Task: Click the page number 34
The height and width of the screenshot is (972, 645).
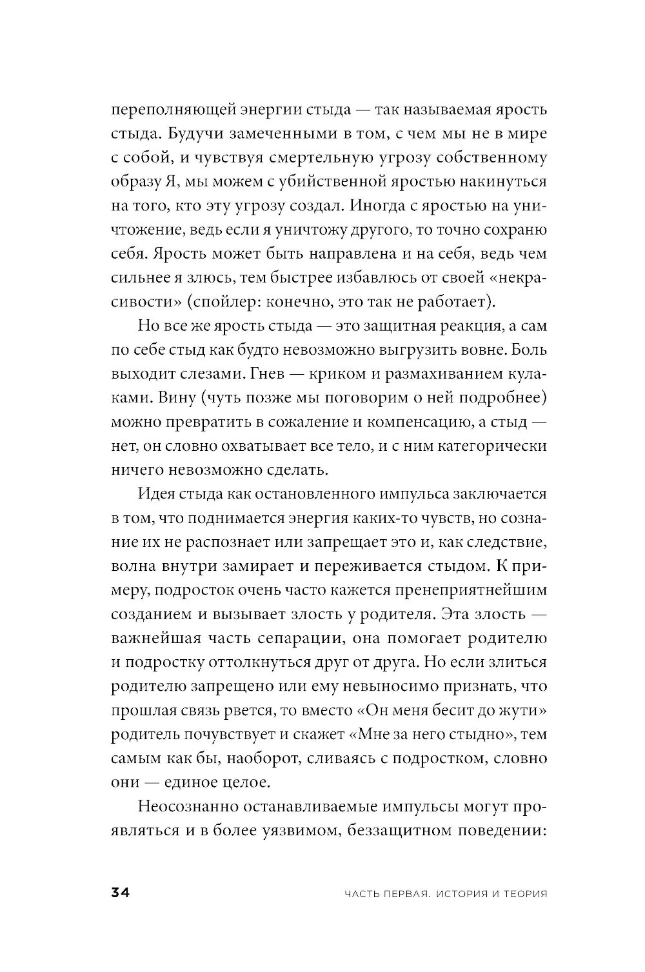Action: (x=121, y=893)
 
